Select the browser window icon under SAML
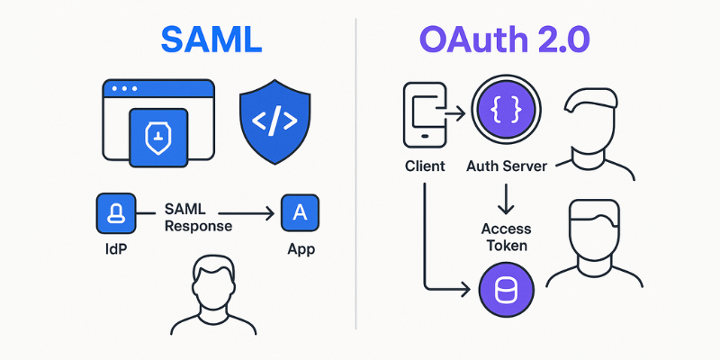tap(158, 121)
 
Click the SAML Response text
tap(198, 217)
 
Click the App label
tap(301, 248)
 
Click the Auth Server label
tap(508, 166)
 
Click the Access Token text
tap(508, 236)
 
